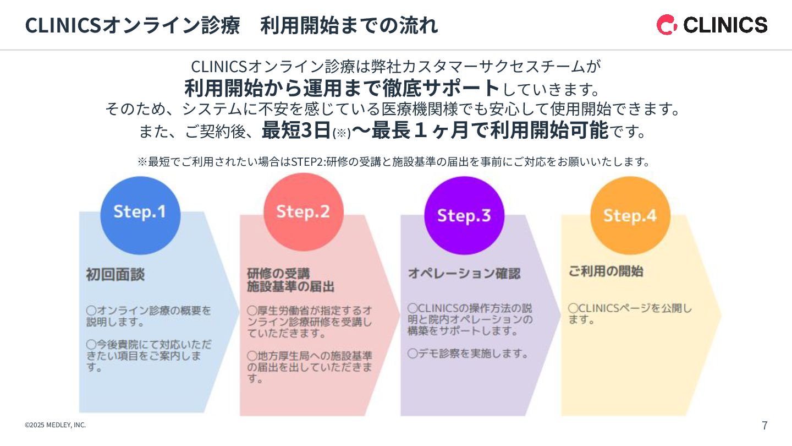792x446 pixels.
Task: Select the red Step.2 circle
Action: pyautogui.click(x=303, y=212)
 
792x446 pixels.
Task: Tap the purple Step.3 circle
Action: pyautogui.click(x=464, y=215)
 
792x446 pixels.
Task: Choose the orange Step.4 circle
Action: pyautogui.click(x=630, y=215)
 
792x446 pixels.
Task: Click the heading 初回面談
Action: pyautogui.click(x=116, y=275)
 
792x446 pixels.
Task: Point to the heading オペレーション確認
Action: pyautogui.click(x=464, y=274)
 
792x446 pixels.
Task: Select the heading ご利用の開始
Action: pyautogui.click(x=606, y=271)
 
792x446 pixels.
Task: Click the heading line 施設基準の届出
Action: pyautogui.click(x=290, y=287)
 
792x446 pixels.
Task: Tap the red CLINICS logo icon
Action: pyautogui.click(x=667, y=25)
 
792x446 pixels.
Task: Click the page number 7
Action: pyautogui.click(x=765, y=425)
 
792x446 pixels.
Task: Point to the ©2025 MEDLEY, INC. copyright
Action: pyautogui.click(x=55, y=425)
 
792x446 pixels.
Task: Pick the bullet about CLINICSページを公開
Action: pyautogui.click(x=630, y=314)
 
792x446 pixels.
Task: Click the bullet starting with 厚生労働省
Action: pyautogui.click(x=309, y=322)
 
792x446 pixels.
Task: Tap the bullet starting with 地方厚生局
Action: pyautogui.click(x=309, y=367)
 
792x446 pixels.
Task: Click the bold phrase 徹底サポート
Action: pyautogui.click(x=442, y=88)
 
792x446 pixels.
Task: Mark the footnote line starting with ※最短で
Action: pyautogui.click(x=394, y=162)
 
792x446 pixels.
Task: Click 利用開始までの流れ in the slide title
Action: pyautogui.click(x=349, y=25)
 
